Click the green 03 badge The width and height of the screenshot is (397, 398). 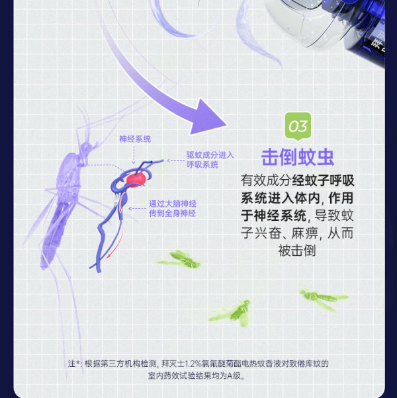(298, 126)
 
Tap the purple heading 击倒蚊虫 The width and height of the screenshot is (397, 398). (298, 157)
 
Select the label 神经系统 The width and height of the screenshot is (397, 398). (135, 139)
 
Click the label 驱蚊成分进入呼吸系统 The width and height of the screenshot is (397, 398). (210, 159)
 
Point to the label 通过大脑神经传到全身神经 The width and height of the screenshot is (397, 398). (173, 208)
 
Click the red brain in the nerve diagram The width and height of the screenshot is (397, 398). (136, 179)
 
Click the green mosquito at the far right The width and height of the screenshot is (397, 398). (324, 299)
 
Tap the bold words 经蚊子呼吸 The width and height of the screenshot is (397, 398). (323, 180)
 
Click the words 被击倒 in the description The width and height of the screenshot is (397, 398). (297, 251)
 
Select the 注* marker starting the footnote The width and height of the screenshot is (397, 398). (74, 364)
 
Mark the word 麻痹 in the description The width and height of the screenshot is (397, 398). (304, 233)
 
